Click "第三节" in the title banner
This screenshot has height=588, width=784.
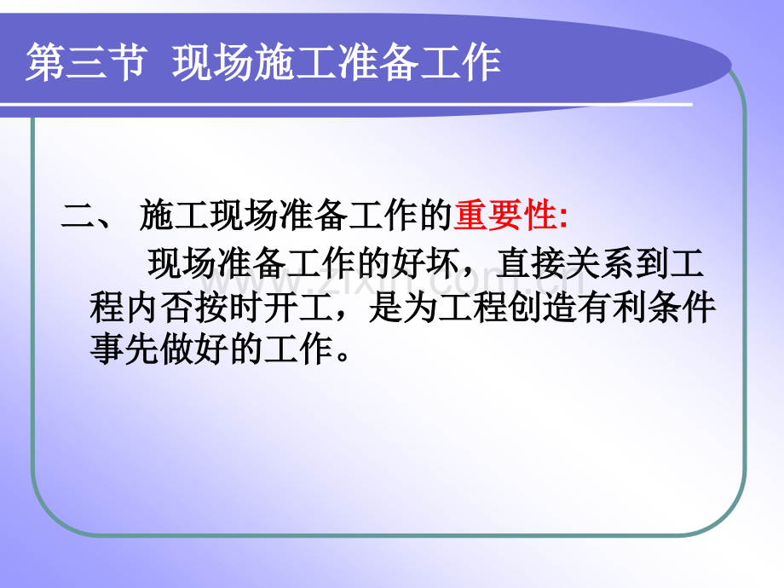point(87,62)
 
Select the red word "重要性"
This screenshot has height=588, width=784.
point(505,216)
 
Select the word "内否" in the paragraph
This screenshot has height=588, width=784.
point(159,307)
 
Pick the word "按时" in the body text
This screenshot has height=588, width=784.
point(228,307)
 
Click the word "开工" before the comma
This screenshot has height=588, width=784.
point(298,307)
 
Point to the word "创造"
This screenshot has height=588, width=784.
point(542,307)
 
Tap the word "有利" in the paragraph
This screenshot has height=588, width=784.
point(612,307)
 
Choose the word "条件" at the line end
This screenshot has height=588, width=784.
point(681,307)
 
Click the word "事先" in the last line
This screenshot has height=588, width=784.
point(124,349)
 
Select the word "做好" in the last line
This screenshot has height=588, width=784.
point(193,349)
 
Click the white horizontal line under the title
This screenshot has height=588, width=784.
point(346,105)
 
